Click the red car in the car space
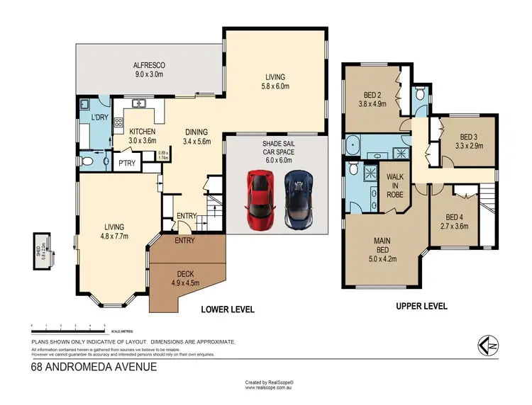coord(260,200)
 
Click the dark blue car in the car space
coord(299,200)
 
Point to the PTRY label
coord(128,164)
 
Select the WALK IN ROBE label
coord(395,187)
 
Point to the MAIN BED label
coord(382,244)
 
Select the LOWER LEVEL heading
coord(227,309)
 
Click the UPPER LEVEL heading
coord(421,306)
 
